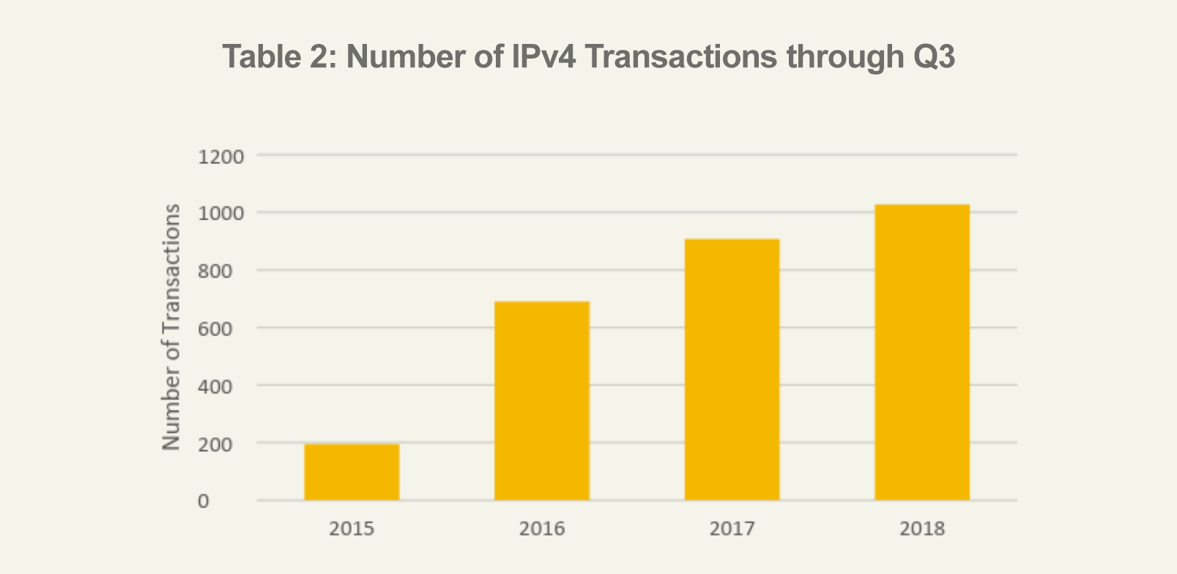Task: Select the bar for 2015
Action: pos(352,472)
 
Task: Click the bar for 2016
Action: pos(542,400)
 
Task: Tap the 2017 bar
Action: pos(732,370)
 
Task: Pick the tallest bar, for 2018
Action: pos(922,352)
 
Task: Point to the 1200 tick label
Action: pos(220,157)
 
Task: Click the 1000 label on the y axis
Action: pos(220,214)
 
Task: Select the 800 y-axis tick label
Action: pos(215,272)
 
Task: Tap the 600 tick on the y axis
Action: pos(215,329)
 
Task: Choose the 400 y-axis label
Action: pos(215,387)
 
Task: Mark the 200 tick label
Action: pos(215,445)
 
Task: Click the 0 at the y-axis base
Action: pos(204,502)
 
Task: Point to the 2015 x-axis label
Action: pos(352,529)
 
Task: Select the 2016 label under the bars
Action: pos(542,529)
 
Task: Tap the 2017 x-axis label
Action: pos(732,529)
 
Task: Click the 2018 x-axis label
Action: pos(922,529)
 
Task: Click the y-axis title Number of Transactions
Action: pos(171,327)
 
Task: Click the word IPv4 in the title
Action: pos(544,56)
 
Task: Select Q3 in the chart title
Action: pos(935,56)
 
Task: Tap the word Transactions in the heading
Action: pos(680,56)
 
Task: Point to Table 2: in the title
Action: pos(280,56)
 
